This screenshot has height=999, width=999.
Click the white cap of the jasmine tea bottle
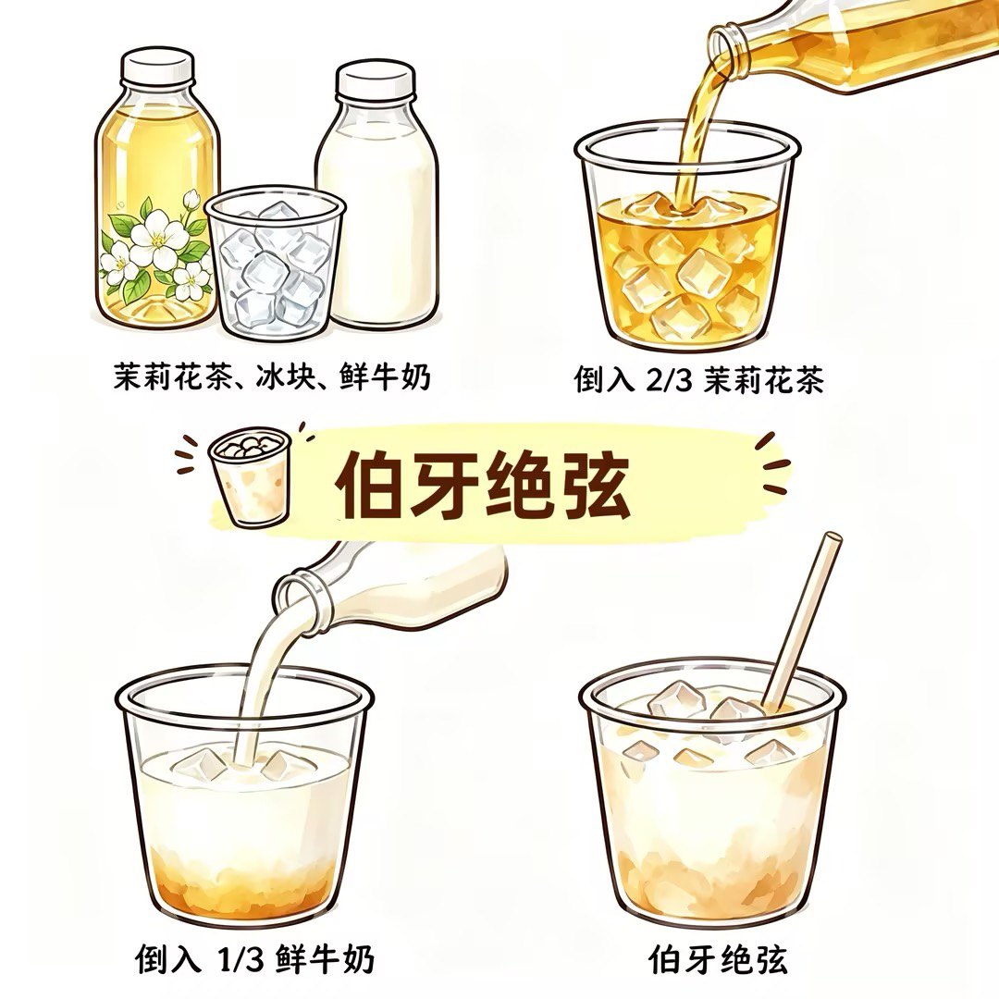[157, 67]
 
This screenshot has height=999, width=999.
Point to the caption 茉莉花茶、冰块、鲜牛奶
[273, 376]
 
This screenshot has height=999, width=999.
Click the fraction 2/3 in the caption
[669, 380]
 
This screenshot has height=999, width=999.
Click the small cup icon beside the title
[250, 475]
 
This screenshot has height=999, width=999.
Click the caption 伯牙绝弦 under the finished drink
[719, 959]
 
